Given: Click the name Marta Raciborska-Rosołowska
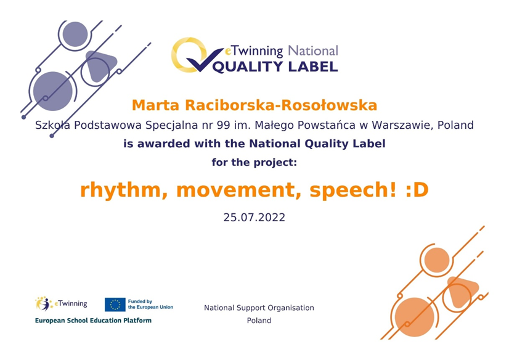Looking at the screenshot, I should tap(254, 105).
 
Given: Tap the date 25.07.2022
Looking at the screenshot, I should tap(254, 218).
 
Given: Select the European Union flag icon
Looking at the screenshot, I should tap(115, 304).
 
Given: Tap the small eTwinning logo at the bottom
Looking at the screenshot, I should tap(61, 303).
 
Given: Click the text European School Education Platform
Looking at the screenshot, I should tap(93, 321).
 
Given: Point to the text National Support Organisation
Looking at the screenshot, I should tap(259, 308).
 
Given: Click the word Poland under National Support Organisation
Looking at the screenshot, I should tap(259, 321).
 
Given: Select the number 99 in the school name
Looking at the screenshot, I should tap(224, 125).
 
